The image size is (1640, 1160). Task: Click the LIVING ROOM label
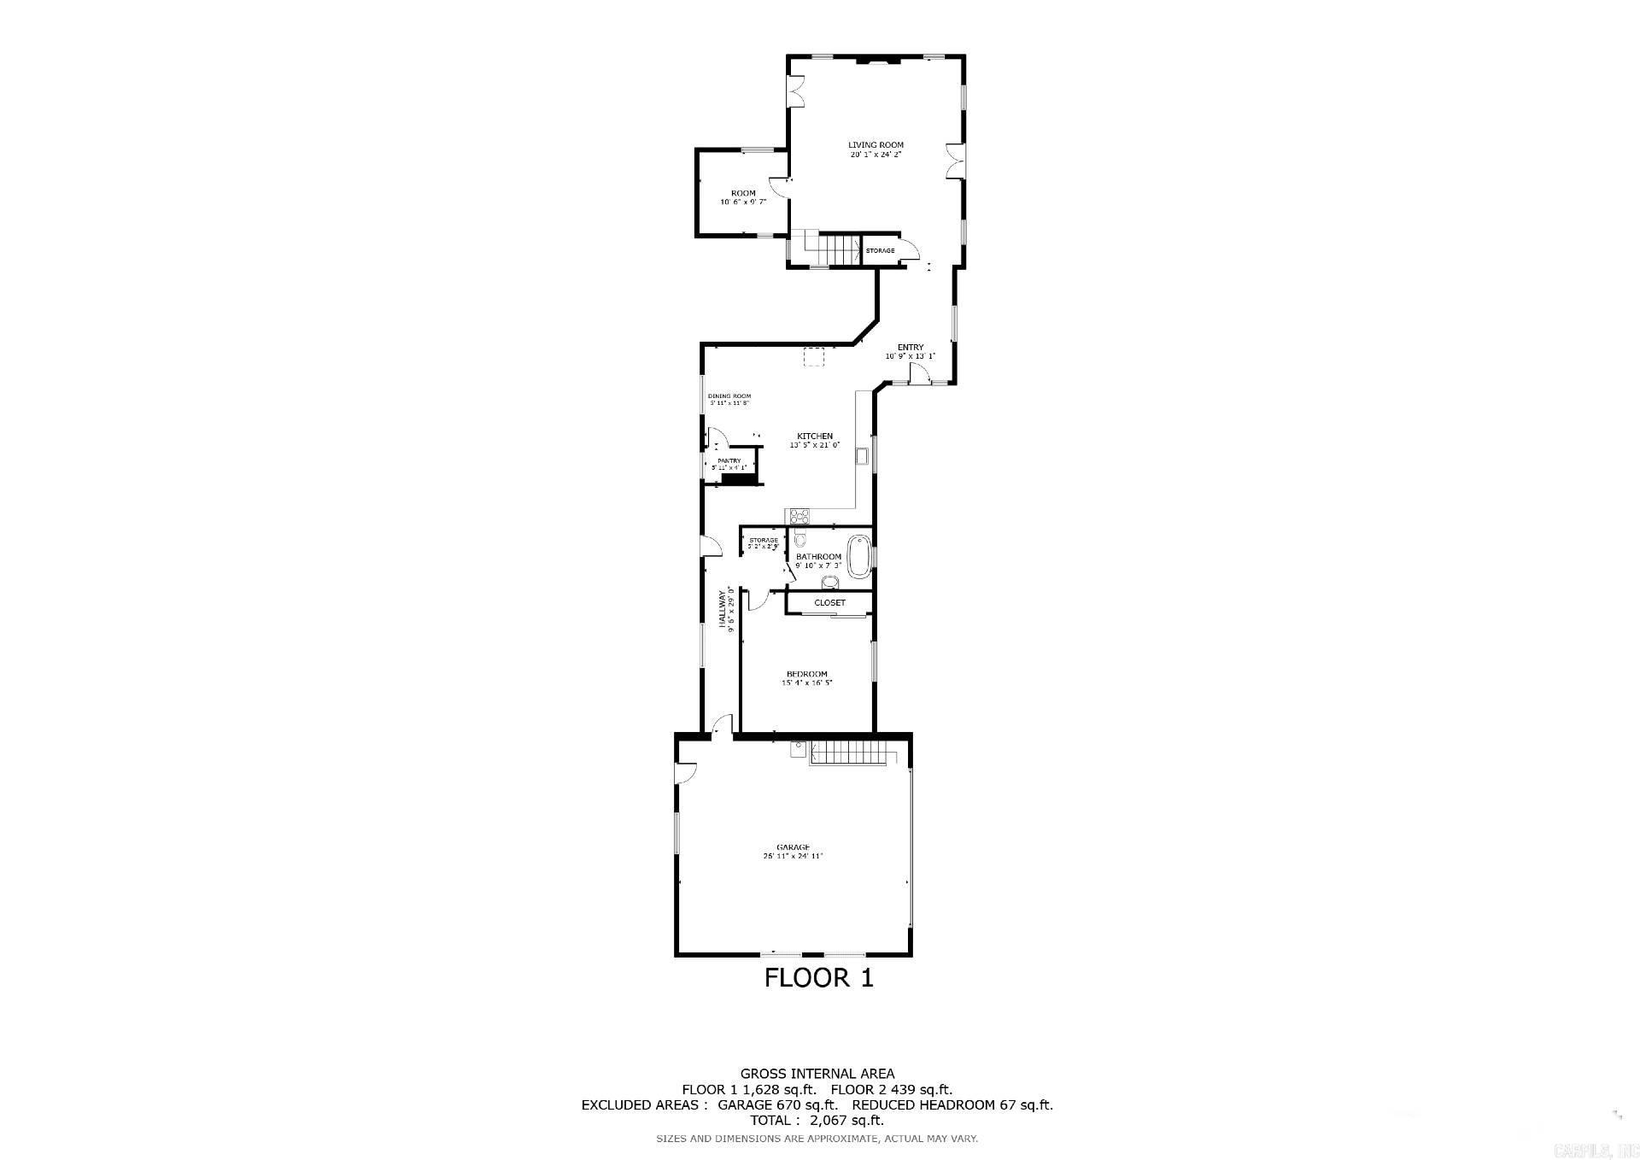click(876, 145)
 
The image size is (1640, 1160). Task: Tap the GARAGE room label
click(793, 847)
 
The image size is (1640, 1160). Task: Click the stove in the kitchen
click(799, 515)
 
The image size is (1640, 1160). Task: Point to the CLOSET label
click(829, 603)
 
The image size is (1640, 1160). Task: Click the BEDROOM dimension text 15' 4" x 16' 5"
click(806, 683)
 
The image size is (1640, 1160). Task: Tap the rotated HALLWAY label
click(722, 609)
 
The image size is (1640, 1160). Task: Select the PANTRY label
click(729, 461)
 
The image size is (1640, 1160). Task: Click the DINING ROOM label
click(729, 395)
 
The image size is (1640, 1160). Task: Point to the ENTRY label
click(911, 348)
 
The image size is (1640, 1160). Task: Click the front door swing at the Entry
click(918, 372)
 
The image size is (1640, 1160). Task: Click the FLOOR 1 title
click(818, 978)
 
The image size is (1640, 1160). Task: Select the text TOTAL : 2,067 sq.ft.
click(817, 1120)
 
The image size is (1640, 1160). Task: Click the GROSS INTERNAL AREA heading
click(817, 1074)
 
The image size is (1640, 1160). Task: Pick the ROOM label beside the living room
click(743, 193)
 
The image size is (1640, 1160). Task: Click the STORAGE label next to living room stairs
click(880, 250)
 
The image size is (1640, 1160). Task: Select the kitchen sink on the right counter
click(863, 454)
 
